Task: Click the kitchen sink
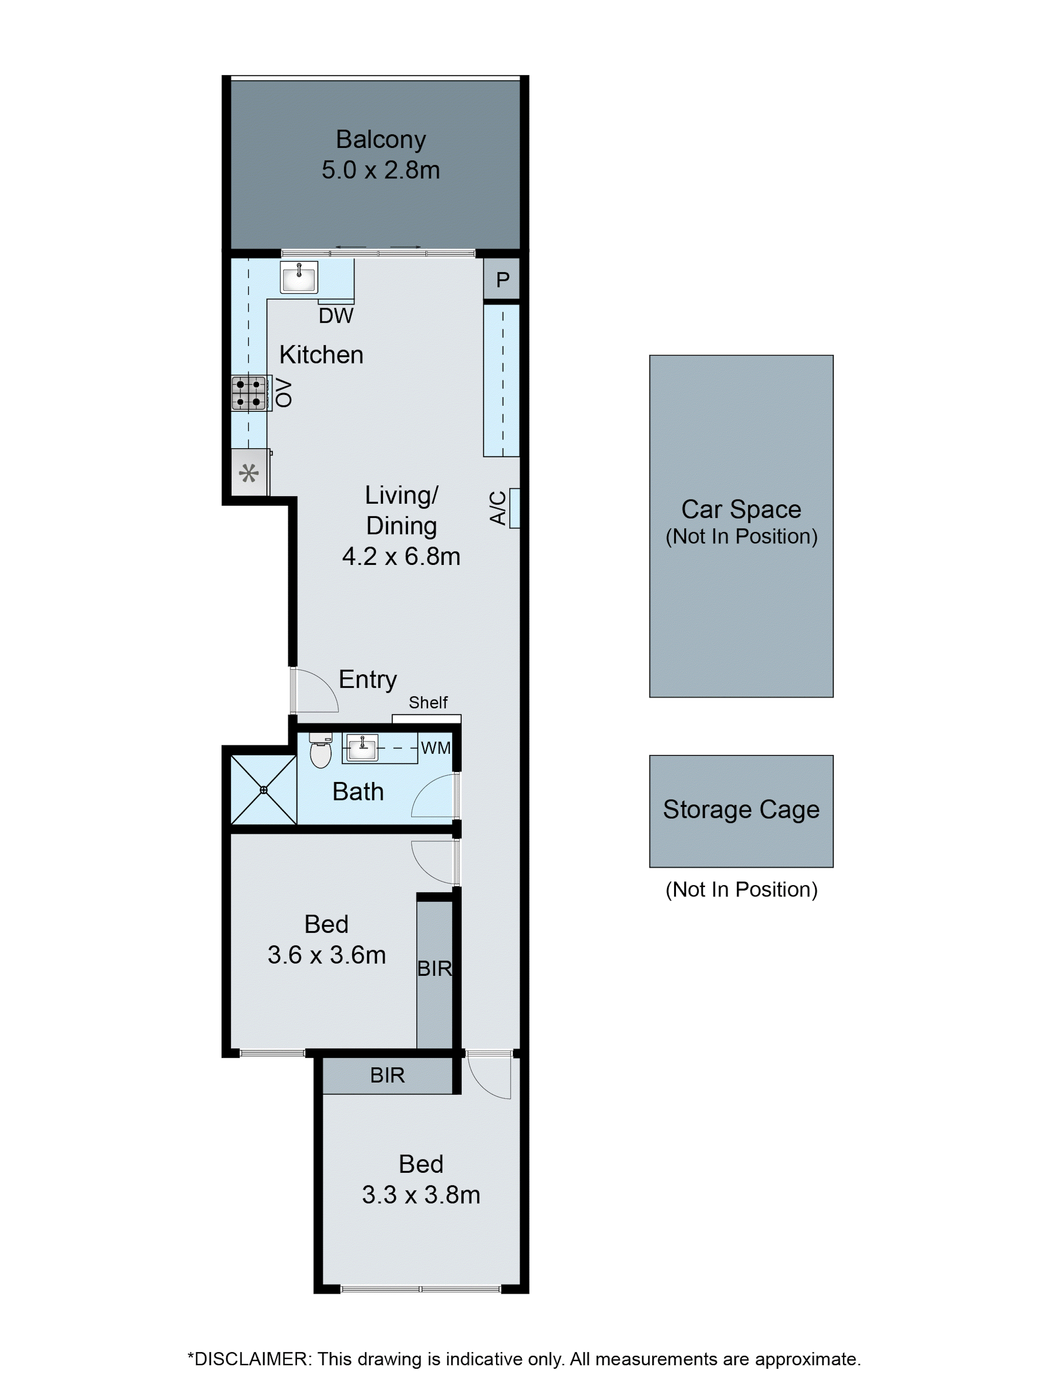(299, 277)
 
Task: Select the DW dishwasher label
(336, 315)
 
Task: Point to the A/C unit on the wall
(514, 508)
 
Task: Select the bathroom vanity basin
(362, 747)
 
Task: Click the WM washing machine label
(436, 747)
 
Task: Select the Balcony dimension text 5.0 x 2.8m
(381, 170)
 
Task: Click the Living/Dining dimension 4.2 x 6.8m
(401, 556)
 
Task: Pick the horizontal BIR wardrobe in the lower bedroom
(387, 1075)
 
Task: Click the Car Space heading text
(741, 509)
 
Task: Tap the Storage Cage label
(741, 810)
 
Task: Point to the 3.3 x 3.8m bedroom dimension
(421, 1195)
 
